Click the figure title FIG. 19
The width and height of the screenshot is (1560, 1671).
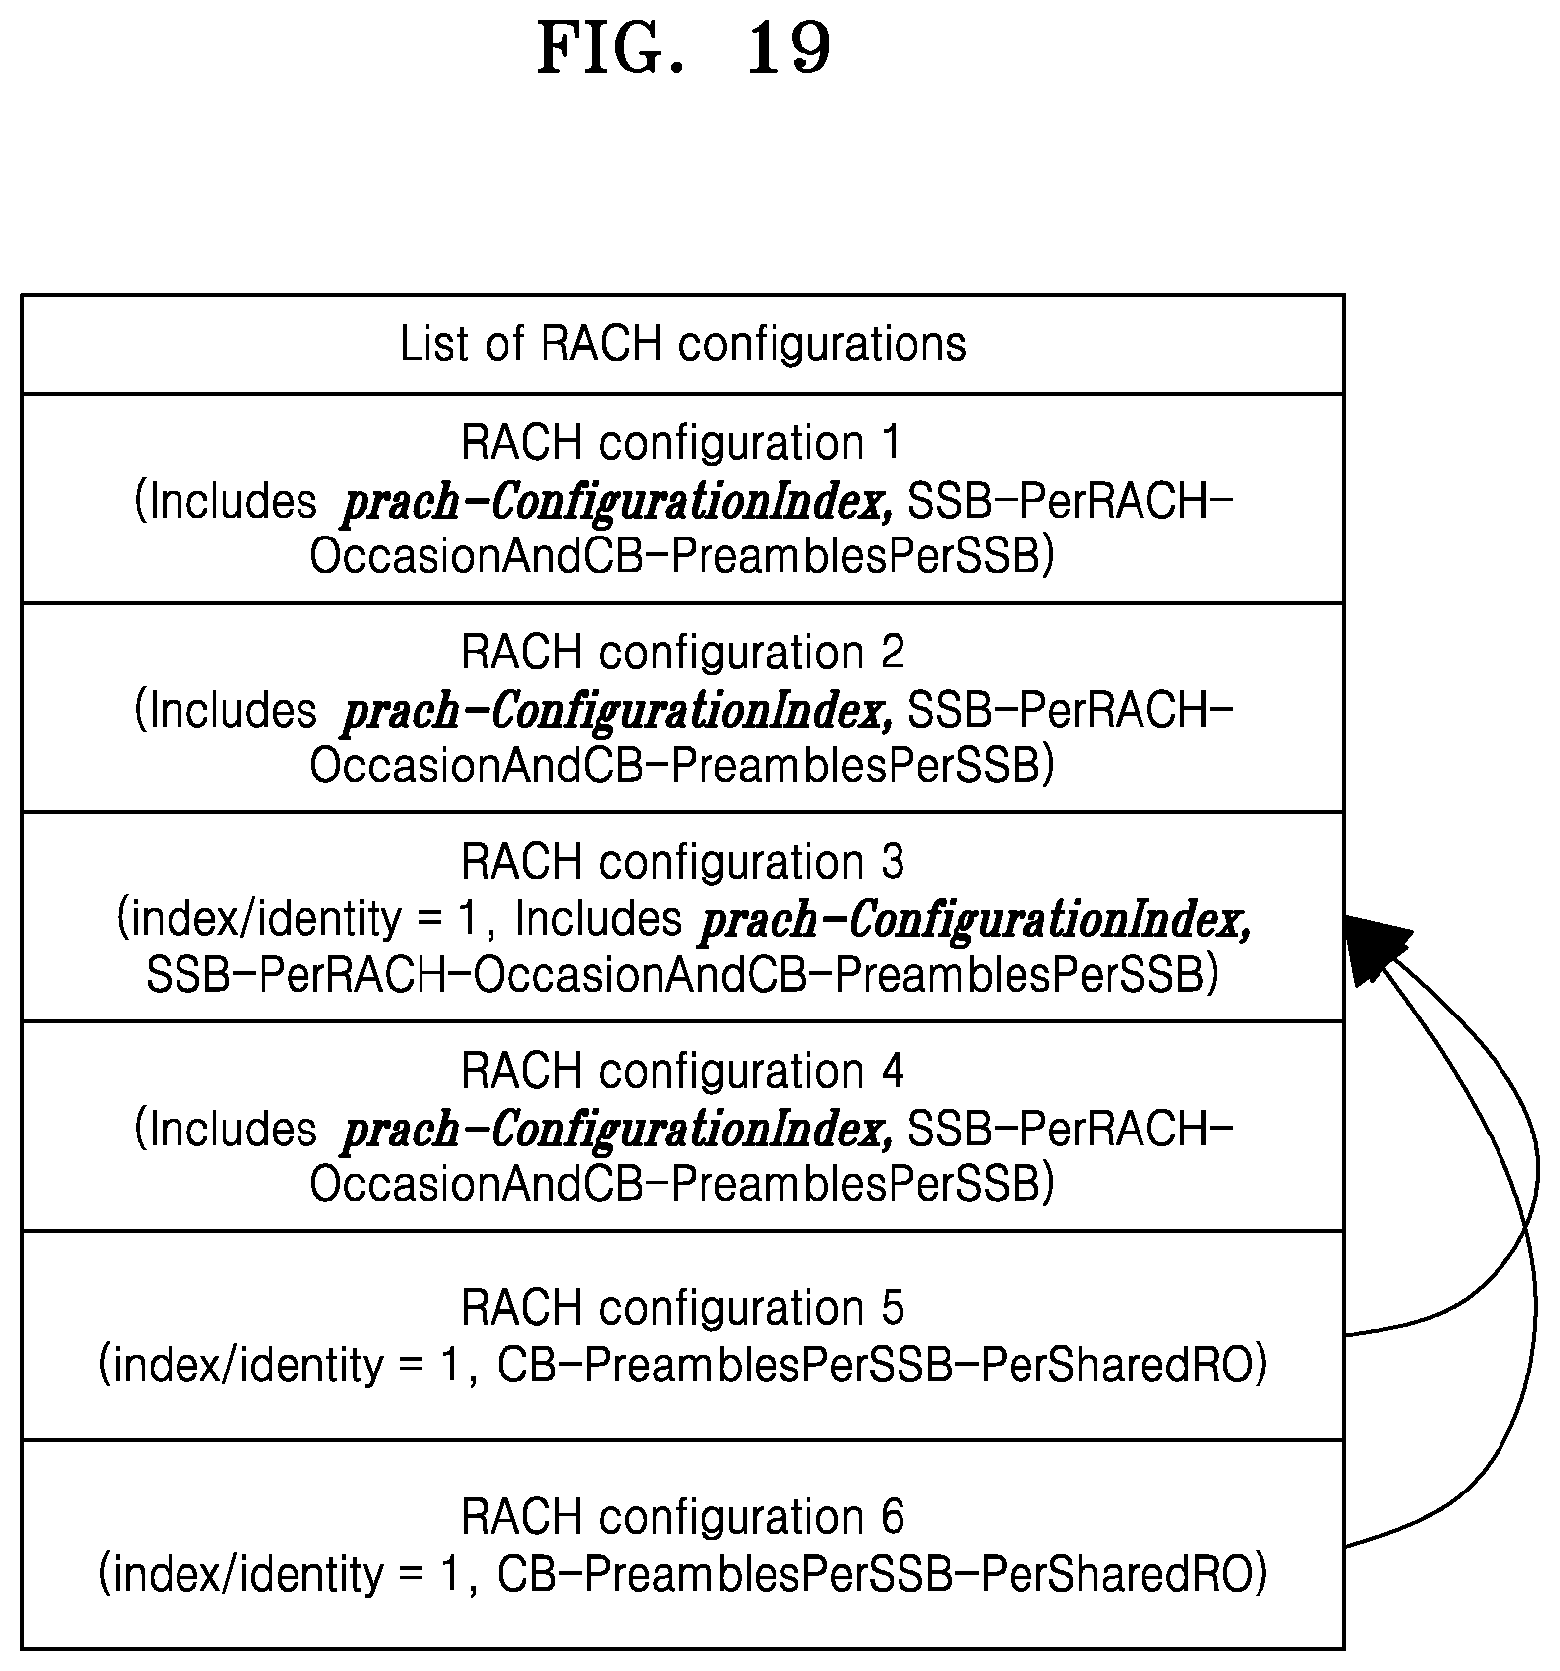683,49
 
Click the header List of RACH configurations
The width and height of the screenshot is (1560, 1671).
682,344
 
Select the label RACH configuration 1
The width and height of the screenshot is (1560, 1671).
682,442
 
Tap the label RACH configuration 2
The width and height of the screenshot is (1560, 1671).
682,653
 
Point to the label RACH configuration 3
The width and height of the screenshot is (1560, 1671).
682,862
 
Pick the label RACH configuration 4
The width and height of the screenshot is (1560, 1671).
682,1071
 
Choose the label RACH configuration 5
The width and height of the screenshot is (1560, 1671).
682,1308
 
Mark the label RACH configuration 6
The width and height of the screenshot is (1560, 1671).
682,1517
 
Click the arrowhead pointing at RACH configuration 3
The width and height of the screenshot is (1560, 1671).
1374,947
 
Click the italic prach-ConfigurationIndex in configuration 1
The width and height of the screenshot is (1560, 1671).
616,503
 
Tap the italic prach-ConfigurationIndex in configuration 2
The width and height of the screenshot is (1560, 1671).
616,712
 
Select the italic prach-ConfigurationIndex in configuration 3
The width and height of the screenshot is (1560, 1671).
975,921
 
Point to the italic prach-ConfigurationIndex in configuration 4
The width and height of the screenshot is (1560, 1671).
616,1131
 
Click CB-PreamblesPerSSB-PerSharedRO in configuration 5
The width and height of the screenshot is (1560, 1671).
882,1366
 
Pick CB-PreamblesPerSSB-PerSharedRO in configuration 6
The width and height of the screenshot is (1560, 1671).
882,1575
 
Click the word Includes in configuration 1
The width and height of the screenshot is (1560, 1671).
226,502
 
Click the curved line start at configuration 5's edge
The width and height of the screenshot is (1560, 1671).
1346,1335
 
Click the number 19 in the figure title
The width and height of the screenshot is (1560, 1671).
787,49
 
